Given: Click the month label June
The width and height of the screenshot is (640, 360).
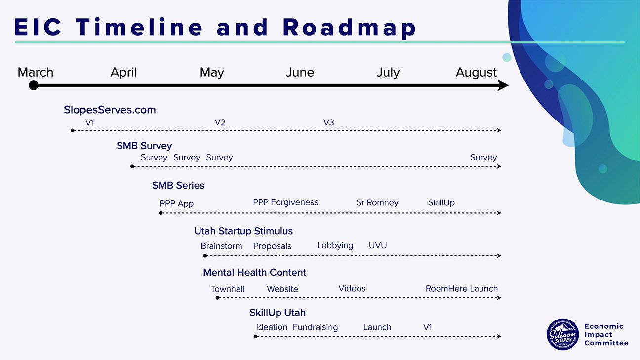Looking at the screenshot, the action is click(300, 72).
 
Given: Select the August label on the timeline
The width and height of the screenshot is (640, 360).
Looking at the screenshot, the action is click(476, 73).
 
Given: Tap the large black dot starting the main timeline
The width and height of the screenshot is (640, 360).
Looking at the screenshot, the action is click(34, 85).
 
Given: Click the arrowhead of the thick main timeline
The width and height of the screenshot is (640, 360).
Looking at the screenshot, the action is click(503, 85).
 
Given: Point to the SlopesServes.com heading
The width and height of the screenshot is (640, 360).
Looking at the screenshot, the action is click(110, 110).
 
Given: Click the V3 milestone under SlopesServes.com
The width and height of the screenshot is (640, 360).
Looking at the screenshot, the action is click(328, 122).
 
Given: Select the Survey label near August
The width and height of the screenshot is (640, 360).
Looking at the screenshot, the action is click(483, 158).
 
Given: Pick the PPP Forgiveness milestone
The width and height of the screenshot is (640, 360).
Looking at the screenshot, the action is click(285, 202).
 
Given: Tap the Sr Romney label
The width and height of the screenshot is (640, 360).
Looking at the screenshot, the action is click(377, 203).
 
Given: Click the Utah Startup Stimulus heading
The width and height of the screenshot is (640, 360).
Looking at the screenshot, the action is click(243, 231).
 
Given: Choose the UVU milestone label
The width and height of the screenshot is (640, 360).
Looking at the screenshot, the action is click(378, 246).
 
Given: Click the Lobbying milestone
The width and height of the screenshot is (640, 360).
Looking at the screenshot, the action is click(335, 246).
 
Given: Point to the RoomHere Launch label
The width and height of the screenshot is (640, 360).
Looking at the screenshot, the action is click(462, 289).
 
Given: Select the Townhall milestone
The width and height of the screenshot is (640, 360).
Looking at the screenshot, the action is click(228, 289).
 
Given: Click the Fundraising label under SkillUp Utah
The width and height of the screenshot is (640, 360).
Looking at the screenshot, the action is click(315, 327).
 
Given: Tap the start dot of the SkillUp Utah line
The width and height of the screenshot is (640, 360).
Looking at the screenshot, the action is click(256, 337).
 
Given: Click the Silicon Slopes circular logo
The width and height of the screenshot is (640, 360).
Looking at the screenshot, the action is click(562, 334).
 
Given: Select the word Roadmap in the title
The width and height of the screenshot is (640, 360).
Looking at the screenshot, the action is click(350, 27).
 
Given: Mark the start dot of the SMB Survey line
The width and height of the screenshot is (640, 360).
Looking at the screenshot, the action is click(132, 166).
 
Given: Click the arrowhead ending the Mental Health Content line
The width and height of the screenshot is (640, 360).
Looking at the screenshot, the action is click(499, 298).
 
